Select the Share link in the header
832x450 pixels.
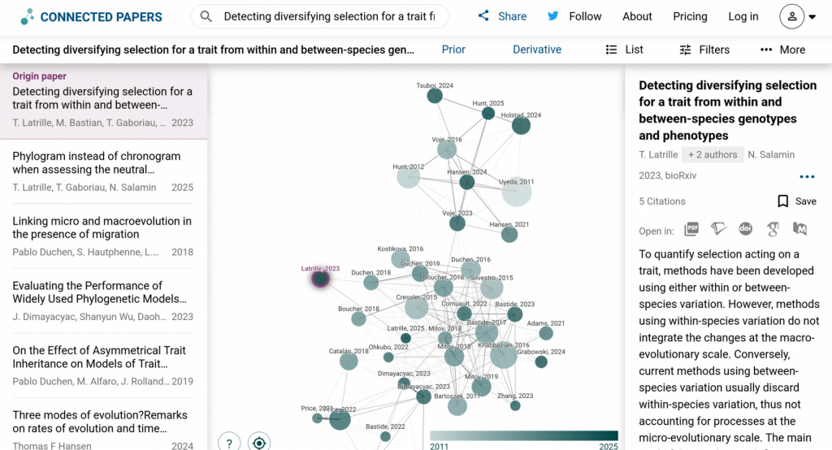tap(502, 16)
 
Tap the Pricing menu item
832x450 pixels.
tap(690, 16)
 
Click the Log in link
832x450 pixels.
tap(743, 16)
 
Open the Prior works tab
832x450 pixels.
tap(453, 50)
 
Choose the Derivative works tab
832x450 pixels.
tap(537, 50)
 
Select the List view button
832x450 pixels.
tap(624, 50)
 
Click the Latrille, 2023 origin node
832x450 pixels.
tap(320, 279)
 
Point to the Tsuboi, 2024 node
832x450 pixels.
tap(435, 96)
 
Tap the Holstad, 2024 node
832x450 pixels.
tap(521, 125)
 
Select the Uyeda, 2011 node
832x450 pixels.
tap(516, 193)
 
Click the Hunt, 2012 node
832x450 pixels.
tap(408, 176)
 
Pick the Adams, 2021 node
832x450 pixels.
tap(546, 333)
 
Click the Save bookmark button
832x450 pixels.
tap(796, 201)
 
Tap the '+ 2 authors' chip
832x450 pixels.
tap(713, 154)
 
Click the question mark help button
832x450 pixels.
tap(229, 443)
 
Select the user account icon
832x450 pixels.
tap(791, 16)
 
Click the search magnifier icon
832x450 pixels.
tap(206, 16)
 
